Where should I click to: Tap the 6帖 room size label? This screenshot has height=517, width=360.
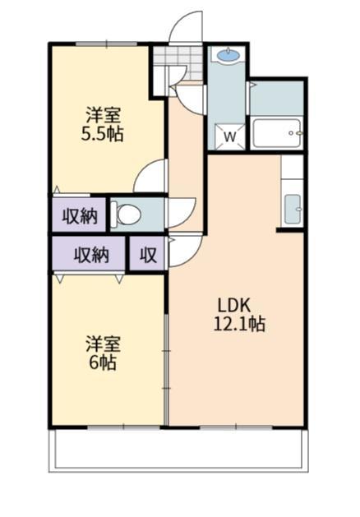coord(103,362)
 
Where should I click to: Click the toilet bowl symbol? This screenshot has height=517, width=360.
coord(128,215)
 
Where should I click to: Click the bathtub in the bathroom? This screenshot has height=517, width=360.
coord(277,132)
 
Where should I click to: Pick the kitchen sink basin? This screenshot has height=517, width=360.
coord(293,208)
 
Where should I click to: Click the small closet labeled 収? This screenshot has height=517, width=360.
coord(148,255)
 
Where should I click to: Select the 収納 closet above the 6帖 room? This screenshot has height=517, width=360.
coord(90,255)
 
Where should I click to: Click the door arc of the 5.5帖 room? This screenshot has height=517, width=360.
coord(150,176)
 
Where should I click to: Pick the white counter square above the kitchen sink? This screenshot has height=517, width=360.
coord(293,168)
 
